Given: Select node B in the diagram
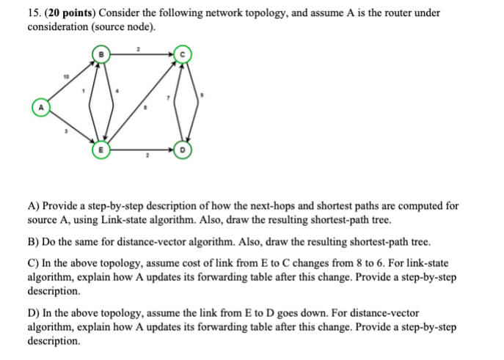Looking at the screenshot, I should tap(101, 54).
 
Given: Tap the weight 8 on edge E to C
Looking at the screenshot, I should tap(147, 108).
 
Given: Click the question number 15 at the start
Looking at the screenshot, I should tap(34, 12).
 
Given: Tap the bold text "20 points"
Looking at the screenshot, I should tap(70, 12).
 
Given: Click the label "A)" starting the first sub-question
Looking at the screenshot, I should tap(33, 207).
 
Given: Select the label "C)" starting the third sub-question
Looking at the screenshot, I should tap(33, 262).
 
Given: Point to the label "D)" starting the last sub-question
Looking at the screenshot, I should tap(33, 310).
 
